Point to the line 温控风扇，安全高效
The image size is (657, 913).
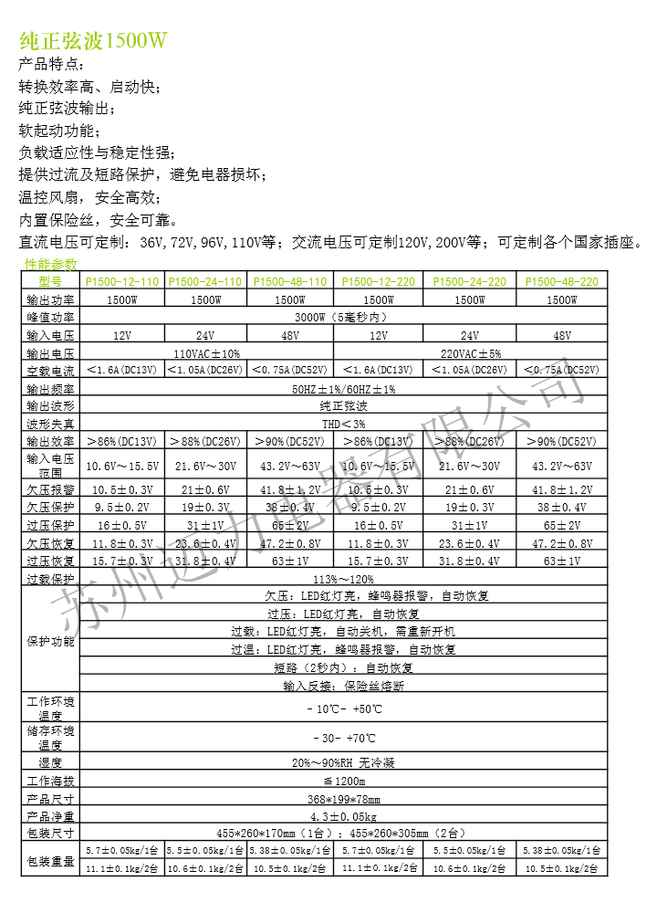click(x=89, y=198)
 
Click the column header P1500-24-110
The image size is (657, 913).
click(x=205, y=282)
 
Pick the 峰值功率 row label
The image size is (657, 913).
click(x=50, y=317)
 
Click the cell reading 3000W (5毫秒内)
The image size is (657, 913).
click(x=342, y=317)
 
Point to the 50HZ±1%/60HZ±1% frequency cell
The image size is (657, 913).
click(x=343, y=388)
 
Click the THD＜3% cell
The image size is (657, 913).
click(x=343, y=424)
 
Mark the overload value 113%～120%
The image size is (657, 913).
click(x=343, y=580)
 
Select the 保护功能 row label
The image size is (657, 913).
click(x=50, y=641)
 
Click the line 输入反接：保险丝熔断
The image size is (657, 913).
click(x=343, y=685)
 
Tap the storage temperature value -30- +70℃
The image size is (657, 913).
click(x=343, y=738)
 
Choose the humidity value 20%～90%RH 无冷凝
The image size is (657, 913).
click(x=343, y=762)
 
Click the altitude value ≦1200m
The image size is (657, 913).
click(x=343, y=782)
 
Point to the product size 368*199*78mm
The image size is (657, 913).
click(x=343, y=799)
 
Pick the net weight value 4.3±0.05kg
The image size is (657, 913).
click(x=343, y=816)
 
